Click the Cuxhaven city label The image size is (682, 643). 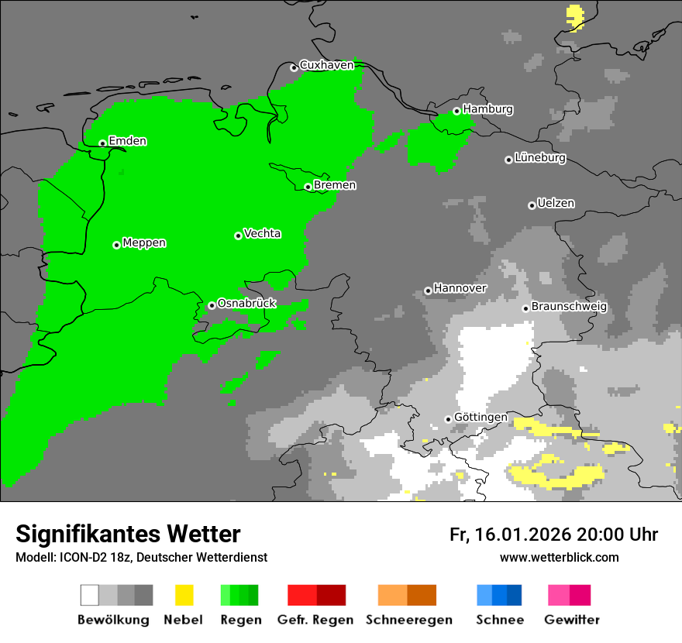(326, 65)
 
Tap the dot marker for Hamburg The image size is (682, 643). (456, 111)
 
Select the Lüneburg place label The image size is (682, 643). (540, 158)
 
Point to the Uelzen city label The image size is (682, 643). (556, 204)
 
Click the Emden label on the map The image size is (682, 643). (127, 141)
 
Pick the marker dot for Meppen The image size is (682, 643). (116, 245)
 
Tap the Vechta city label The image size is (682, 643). (262, 233)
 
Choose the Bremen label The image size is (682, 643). (335, 185)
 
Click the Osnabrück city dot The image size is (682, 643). (212, 305)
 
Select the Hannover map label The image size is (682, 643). (460, 288)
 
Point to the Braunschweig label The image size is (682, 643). (569, 306)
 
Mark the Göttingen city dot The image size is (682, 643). (448, 419)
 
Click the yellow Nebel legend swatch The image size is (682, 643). (184, 595)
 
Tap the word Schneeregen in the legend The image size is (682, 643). (409, 620)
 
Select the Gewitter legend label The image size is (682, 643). (571, 620)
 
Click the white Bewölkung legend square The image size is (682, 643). (90, 595)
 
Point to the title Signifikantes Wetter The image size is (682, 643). (128, 534)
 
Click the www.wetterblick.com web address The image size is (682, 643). (559, 557)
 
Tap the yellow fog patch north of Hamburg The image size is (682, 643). (575, 15)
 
